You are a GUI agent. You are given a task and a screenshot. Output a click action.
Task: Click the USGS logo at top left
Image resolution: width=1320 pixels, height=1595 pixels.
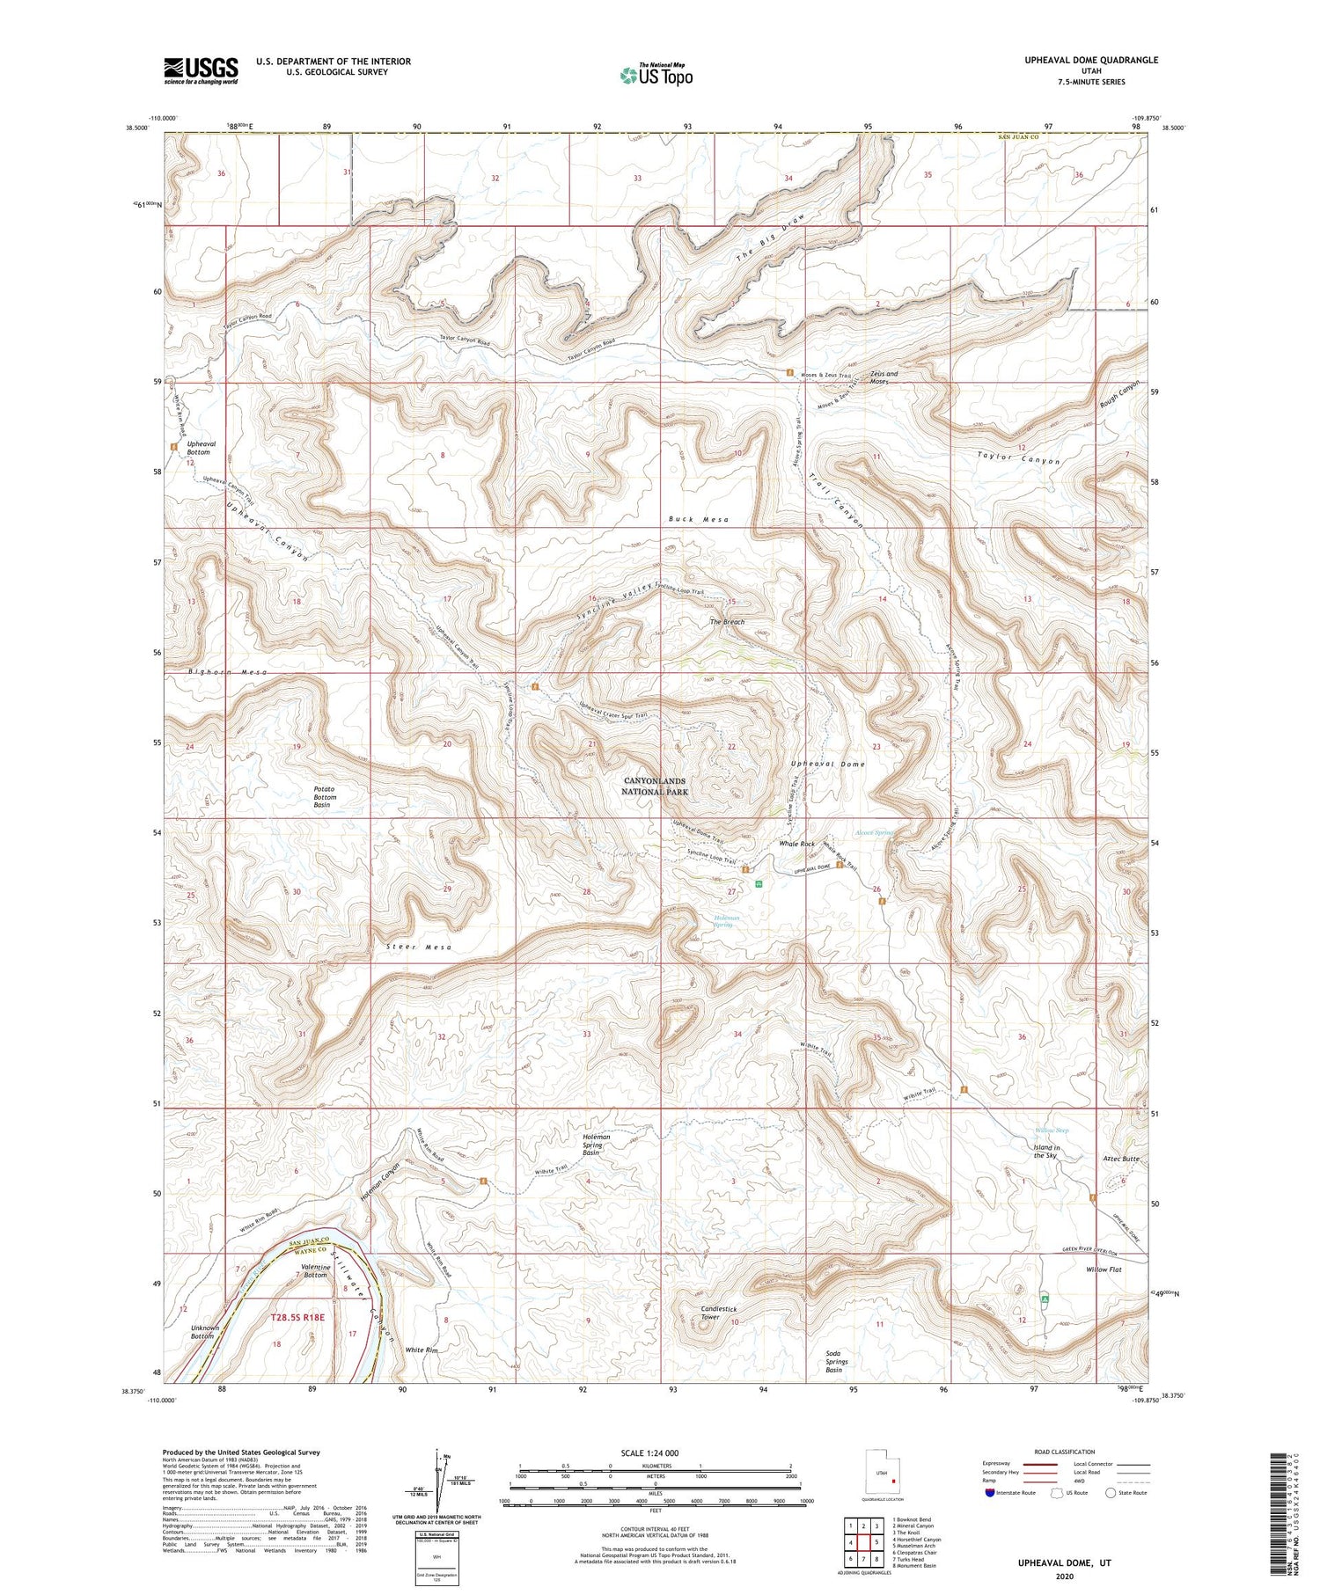[201, 70]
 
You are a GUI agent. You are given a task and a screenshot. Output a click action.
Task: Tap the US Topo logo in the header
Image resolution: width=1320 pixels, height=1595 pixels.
[656, 76]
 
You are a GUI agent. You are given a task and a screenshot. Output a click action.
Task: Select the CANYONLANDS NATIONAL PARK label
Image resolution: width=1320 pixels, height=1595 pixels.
[655, 787]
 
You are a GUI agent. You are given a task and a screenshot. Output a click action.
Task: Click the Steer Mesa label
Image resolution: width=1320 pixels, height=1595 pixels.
[419, 947]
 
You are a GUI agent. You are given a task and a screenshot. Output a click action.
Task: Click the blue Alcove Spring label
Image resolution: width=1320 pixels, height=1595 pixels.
[874, 832]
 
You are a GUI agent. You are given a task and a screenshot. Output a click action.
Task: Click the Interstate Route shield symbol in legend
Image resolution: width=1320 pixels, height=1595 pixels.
[990, 1493]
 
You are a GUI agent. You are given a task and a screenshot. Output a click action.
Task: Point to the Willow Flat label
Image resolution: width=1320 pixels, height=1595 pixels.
[1103, 1269]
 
